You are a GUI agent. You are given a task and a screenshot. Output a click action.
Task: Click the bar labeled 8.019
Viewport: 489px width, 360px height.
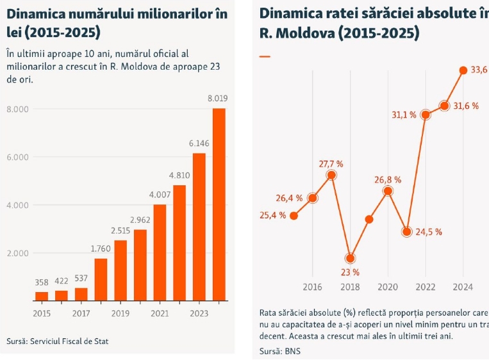[219, 204]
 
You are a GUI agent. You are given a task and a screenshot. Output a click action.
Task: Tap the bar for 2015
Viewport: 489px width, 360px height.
[42, 296]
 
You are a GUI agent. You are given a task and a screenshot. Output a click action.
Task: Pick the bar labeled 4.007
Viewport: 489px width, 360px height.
[160, 252]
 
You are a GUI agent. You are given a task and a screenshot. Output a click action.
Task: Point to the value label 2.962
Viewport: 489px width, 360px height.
[140, 219]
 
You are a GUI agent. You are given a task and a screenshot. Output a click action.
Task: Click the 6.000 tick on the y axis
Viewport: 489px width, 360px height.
[17, 157]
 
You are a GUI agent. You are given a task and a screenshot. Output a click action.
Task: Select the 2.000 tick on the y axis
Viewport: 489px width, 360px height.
[17, 253]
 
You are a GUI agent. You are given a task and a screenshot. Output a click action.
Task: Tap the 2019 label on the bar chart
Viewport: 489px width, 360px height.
[120, 313]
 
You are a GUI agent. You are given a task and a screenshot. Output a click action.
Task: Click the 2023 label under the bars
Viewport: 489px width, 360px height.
[199, 313]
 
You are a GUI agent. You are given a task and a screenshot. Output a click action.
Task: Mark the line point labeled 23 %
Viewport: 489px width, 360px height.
[350, 258]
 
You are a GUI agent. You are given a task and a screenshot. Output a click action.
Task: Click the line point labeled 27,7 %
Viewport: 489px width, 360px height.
[331, 175]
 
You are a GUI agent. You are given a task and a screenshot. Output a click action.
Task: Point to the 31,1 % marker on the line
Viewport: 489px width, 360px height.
[425, 115]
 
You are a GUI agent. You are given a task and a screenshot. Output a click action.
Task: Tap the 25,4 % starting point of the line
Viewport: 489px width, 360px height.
[294, 215]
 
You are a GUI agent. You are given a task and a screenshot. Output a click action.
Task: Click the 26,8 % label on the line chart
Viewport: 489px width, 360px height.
[388, 179]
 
